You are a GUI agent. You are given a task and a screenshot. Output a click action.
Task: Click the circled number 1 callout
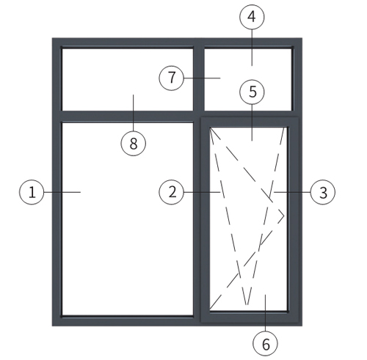[32, 192]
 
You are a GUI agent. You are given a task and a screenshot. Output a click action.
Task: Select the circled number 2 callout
[172, 192]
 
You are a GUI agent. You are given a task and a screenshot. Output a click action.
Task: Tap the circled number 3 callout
[323, 192]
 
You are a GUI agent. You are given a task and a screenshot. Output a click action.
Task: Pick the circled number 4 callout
[252, 17]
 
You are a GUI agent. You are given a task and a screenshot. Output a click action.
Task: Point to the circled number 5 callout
[252, 92]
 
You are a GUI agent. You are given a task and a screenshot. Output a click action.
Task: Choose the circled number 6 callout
[266, 344]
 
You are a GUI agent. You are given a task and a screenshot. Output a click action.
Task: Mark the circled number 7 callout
[172, 78]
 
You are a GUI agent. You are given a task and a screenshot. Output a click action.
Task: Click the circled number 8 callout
[134, 144]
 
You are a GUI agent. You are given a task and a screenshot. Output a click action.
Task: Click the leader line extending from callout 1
[62, 192]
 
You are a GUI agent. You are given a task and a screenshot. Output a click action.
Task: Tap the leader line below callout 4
[252, 48]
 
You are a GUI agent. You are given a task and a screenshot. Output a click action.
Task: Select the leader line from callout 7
[202, 78]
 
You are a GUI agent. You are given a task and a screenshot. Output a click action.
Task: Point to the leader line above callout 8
[134, 113]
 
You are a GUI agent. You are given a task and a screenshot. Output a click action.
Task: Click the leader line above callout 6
[266, 313]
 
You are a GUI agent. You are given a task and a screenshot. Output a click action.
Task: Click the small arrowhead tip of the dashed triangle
[284, 216]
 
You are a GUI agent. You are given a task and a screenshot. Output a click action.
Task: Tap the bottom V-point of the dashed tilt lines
[247, 305]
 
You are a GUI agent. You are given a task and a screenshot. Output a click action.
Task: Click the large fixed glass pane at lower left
[128, 219]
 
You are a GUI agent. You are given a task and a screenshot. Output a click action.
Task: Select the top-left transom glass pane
[128, 80]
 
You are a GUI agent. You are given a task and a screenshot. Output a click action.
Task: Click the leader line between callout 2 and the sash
[202, 192]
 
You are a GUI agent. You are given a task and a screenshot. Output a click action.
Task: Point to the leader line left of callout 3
[292, 192]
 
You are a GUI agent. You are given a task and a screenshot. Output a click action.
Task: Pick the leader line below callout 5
[252, 122]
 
